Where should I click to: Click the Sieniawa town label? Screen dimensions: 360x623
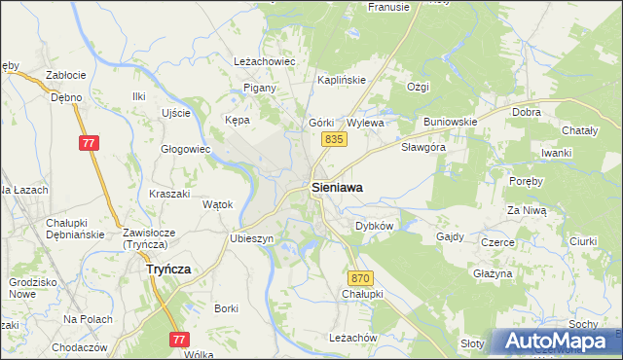338,189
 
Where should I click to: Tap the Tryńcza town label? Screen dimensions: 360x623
167,270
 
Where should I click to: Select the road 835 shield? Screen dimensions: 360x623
334,140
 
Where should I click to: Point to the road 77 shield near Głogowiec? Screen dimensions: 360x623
89,143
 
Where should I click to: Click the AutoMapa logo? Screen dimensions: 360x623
556,341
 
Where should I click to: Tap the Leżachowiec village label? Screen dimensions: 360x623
265,60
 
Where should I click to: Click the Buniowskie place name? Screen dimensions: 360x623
450,122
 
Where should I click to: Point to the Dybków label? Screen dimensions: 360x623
374,225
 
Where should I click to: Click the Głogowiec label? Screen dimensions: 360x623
186,149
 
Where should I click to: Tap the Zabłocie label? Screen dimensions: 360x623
66,75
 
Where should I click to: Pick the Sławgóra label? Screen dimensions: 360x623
423,147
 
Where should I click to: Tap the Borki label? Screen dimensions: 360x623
226,308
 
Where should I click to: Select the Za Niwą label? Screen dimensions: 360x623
527,209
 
